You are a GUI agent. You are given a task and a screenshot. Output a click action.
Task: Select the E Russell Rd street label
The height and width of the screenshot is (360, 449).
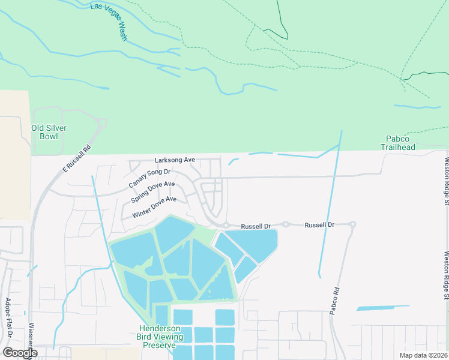point(77,160)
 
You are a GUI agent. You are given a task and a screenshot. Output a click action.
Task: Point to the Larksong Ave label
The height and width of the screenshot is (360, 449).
point(175,160)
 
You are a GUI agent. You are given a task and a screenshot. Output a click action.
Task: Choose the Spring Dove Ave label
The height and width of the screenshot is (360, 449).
point(153,191)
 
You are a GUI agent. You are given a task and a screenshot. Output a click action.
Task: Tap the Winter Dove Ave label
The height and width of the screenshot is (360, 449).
point(154,207)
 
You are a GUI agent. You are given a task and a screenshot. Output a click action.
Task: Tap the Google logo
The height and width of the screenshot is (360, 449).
point(20,352)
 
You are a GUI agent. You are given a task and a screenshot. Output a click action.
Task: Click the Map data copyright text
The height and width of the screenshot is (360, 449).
point(423,355)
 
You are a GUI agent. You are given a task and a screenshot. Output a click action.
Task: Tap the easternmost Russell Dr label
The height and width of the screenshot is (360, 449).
point(319,225)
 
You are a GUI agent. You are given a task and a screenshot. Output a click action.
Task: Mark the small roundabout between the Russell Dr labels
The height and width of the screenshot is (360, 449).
point(286,224)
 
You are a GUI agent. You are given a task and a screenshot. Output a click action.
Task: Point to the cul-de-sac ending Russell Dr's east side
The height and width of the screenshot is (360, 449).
point(352,225)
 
